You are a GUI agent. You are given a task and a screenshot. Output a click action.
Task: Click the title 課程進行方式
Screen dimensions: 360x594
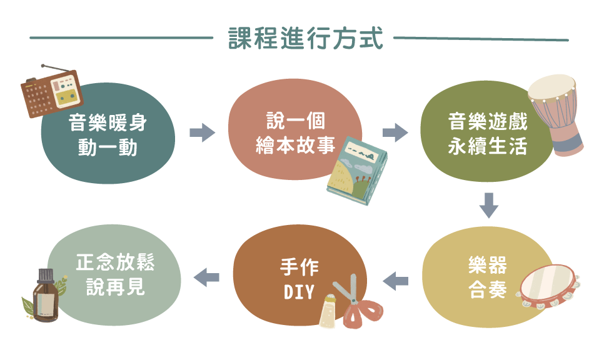305,39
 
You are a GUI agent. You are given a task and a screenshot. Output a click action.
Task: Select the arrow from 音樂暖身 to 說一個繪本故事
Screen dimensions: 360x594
202,132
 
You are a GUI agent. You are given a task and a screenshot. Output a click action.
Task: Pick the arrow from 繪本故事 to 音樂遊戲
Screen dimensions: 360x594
395,132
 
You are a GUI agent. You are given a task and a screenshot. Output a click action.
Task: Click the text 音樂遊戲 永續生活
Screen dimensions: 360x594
488,134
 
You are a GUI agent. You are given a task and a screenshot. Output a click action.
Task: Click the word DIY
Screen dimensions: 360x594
298,291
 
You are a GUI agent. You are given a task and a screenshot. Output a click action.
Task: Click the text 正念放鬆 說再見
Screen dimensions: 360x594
115,274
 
